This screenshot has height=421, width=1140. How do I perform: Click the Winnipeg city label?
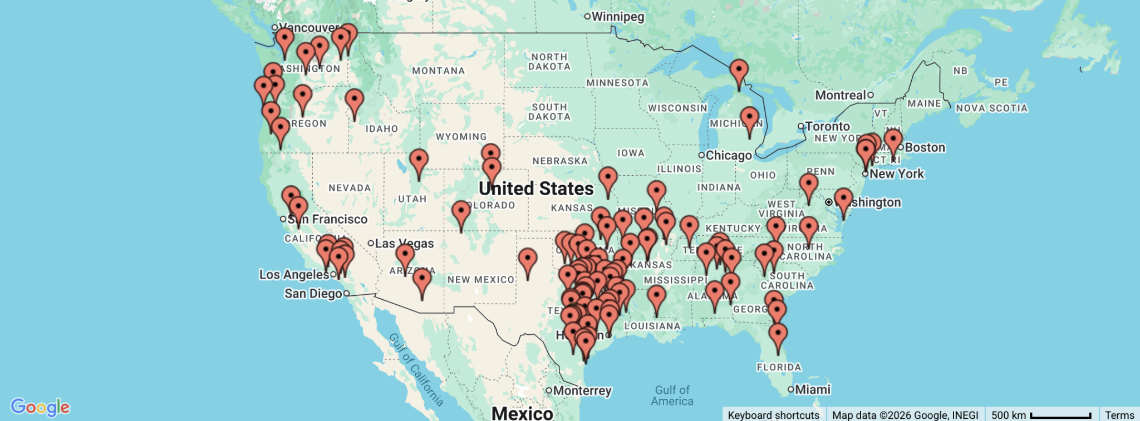(x=617, y=17)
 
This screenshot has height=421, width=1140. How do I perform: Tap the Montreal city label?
(x=840, y=95)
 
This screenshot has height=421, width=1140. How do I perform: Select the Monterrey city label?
(x=582, y=390)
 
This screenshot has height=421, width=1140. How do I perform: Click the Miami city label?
(x=812, y=389)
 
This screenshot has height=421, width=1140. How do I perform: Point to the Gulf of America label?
(x=672, y=395)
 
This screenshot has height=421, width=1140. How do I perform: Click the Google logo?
(x=40, y=407)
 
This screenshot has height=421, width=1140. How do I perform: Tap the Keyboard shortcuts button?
(x=773, y=415)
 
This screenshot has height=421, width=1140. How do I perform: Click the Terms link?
(x=1119, y=415)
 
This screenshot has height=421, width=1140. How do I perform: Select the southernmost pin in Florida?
(x=778, y=335)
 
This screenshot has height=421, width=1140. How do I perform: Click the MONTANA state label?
(x=438, y=71)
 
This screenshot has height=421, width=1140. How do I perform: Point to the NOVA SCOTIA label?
(x=991, y=108)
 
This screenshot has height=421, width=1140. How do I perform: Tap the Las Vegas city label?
(x=404, y=243)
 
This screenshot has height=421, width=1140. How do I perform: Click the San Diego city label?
(x=313, y=293)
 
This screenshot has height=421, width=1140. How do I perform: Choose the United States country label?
(x=536, y=189)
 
